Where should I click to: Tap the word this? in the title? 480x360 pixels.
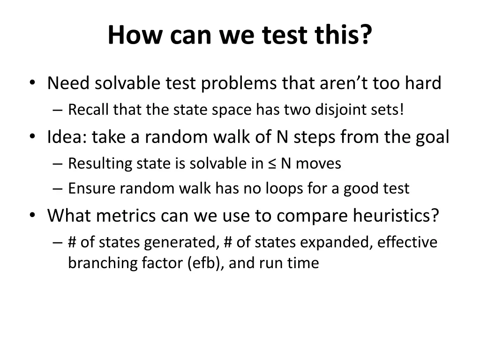tap(345, 35)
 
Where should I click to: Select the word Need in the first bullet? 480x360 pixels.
tap(68, 83)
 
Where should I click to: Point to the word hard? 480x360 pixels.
tap(423, 83)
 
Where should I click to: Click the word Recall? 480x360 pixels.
tap(89, 110)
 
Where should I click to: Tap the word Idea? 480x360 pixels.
tap(67, 137)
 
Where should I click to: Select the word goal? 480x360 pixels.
tap(432, 138)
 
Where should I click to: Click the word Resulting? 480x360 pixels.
tap(100, 164)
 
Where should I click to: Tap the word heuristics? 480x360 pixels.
tap(396, 216)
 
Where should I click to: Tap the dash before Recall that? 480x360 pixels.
tap(58, 111)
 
